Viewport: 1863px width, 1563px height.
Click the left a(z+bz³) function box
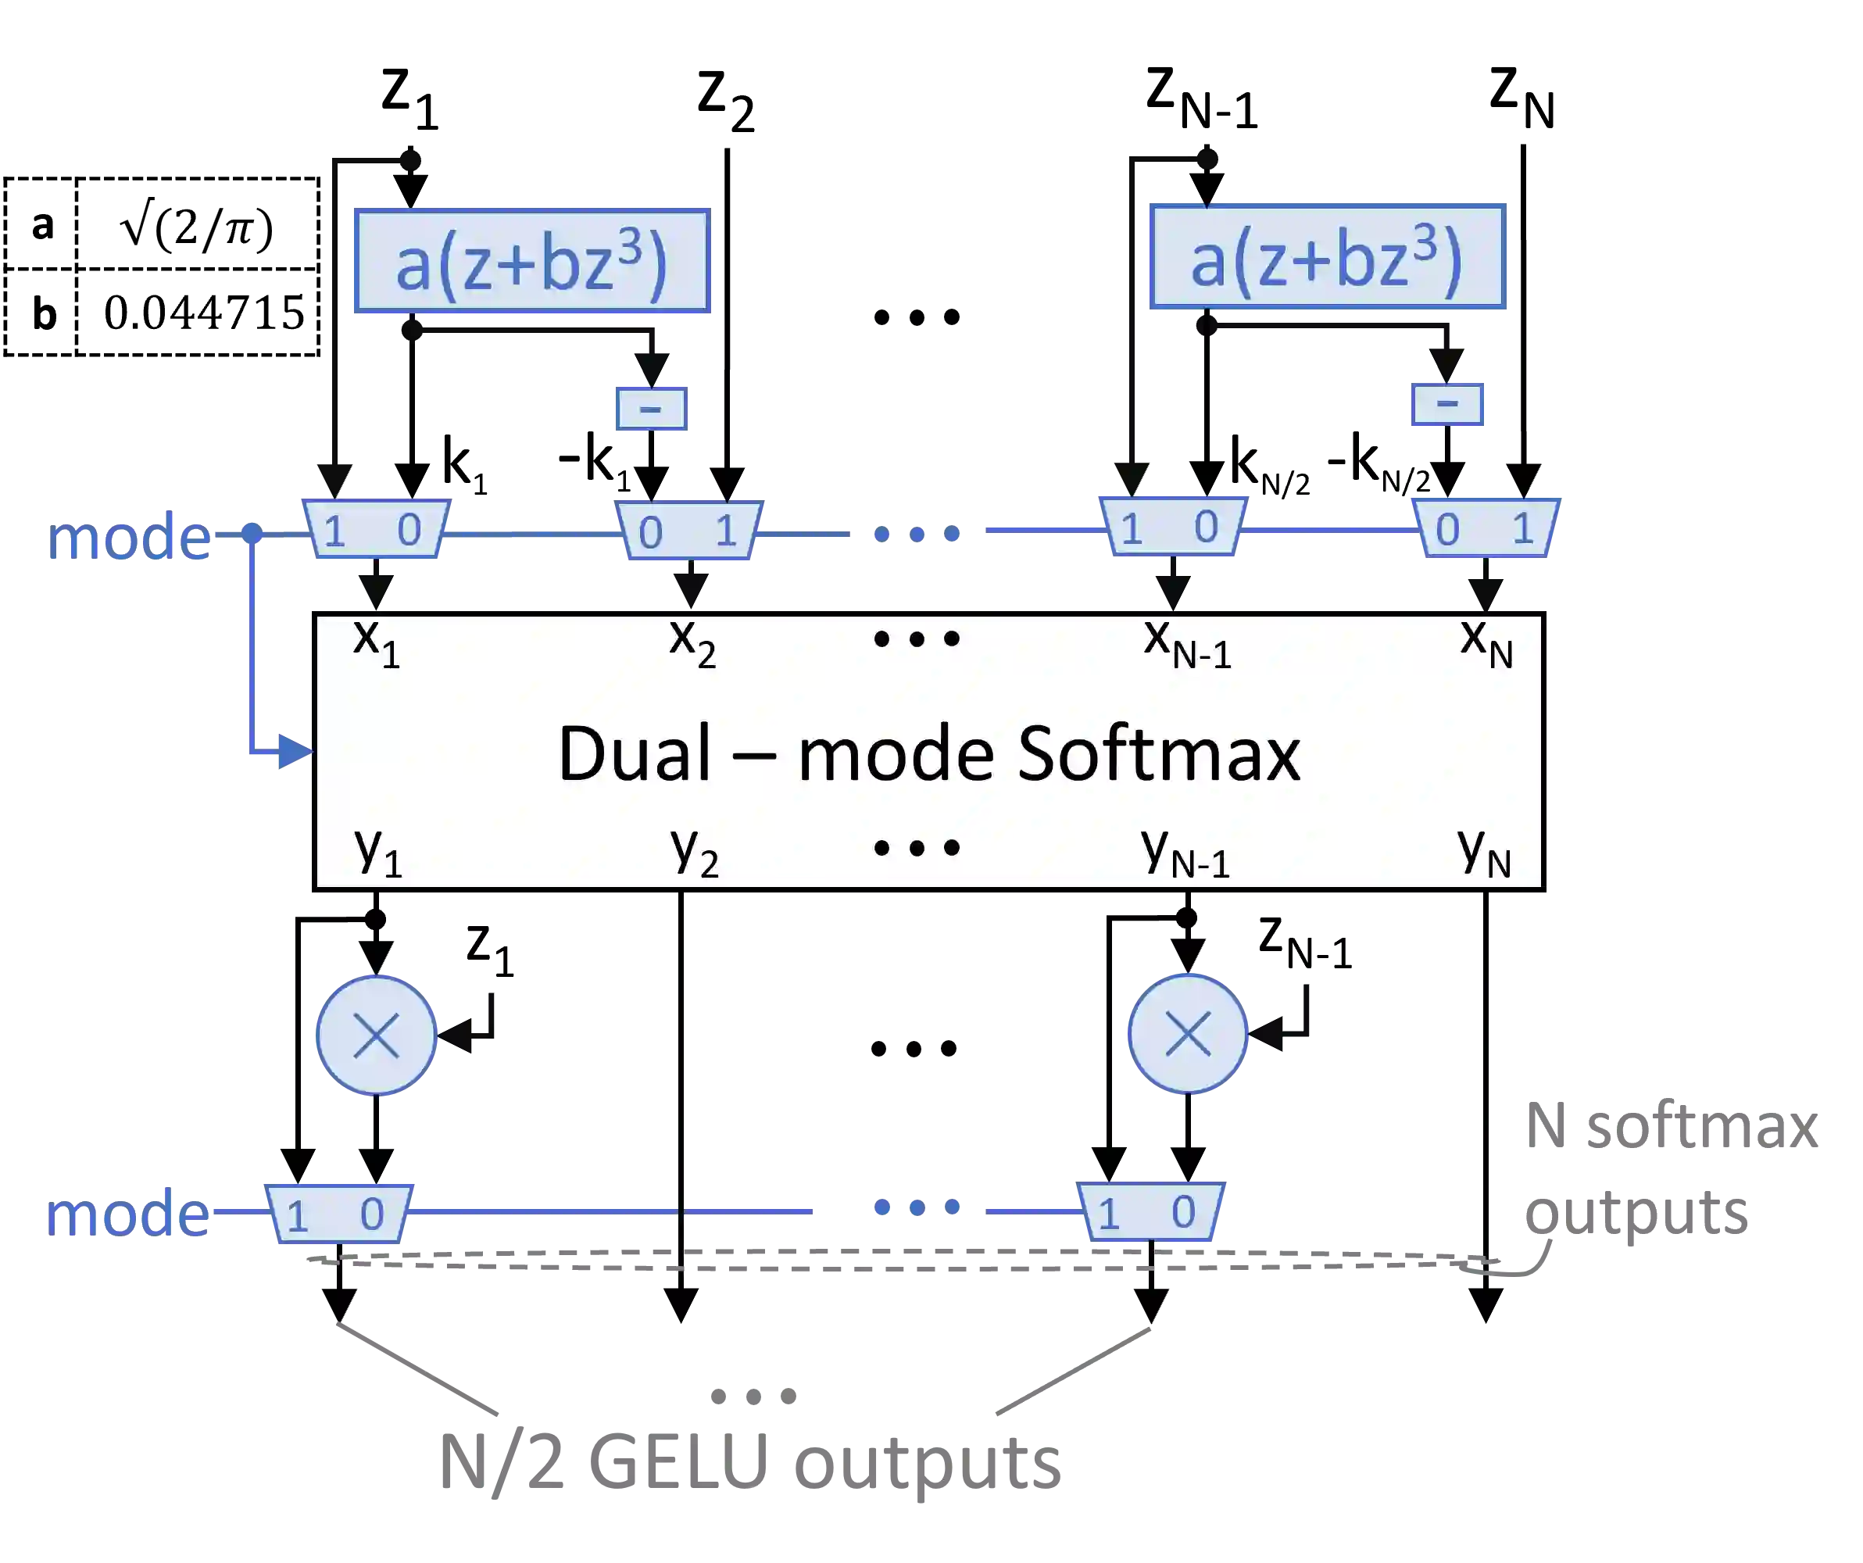(x=531, y=263)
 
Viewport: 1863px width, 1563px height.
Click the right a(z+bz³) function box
(x=1325, y=257)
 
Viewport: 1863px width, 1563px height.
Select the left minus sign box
(x=650, y=408)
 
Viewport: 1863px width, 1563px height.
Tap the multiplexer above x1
(x=377, y=529)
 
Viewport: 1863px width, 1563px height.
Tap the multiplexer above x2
(x=689, y=531)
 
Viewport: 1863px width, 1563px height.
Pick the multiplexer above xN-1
(x=1171, y=527)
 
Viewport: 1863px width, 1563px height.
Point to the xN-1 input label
(x=1187, y=642)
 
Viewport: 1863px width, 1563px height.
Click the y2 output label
(x=694, y=852)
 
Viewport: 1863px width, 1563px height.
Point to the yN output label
(x=1484, y=852)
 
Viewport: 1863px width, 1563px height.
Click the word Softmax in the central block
(x=1159, y=754)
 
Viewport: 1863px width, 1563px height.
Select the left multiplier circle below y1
(x=376, y=1036)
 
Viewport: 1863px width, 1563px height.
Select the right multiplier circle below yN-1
(x=1188, y=1034)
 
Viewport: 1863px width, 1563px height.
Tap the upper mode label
(x=130, y=538)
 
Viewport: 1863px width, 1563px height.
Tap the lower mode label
(x=127, y=1214)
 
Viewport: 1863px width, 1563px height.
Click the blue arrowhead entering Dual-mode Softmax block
(x=295, y=753)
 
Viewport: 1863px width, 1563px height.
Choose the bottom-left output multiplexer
(x=339, y=1213)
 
